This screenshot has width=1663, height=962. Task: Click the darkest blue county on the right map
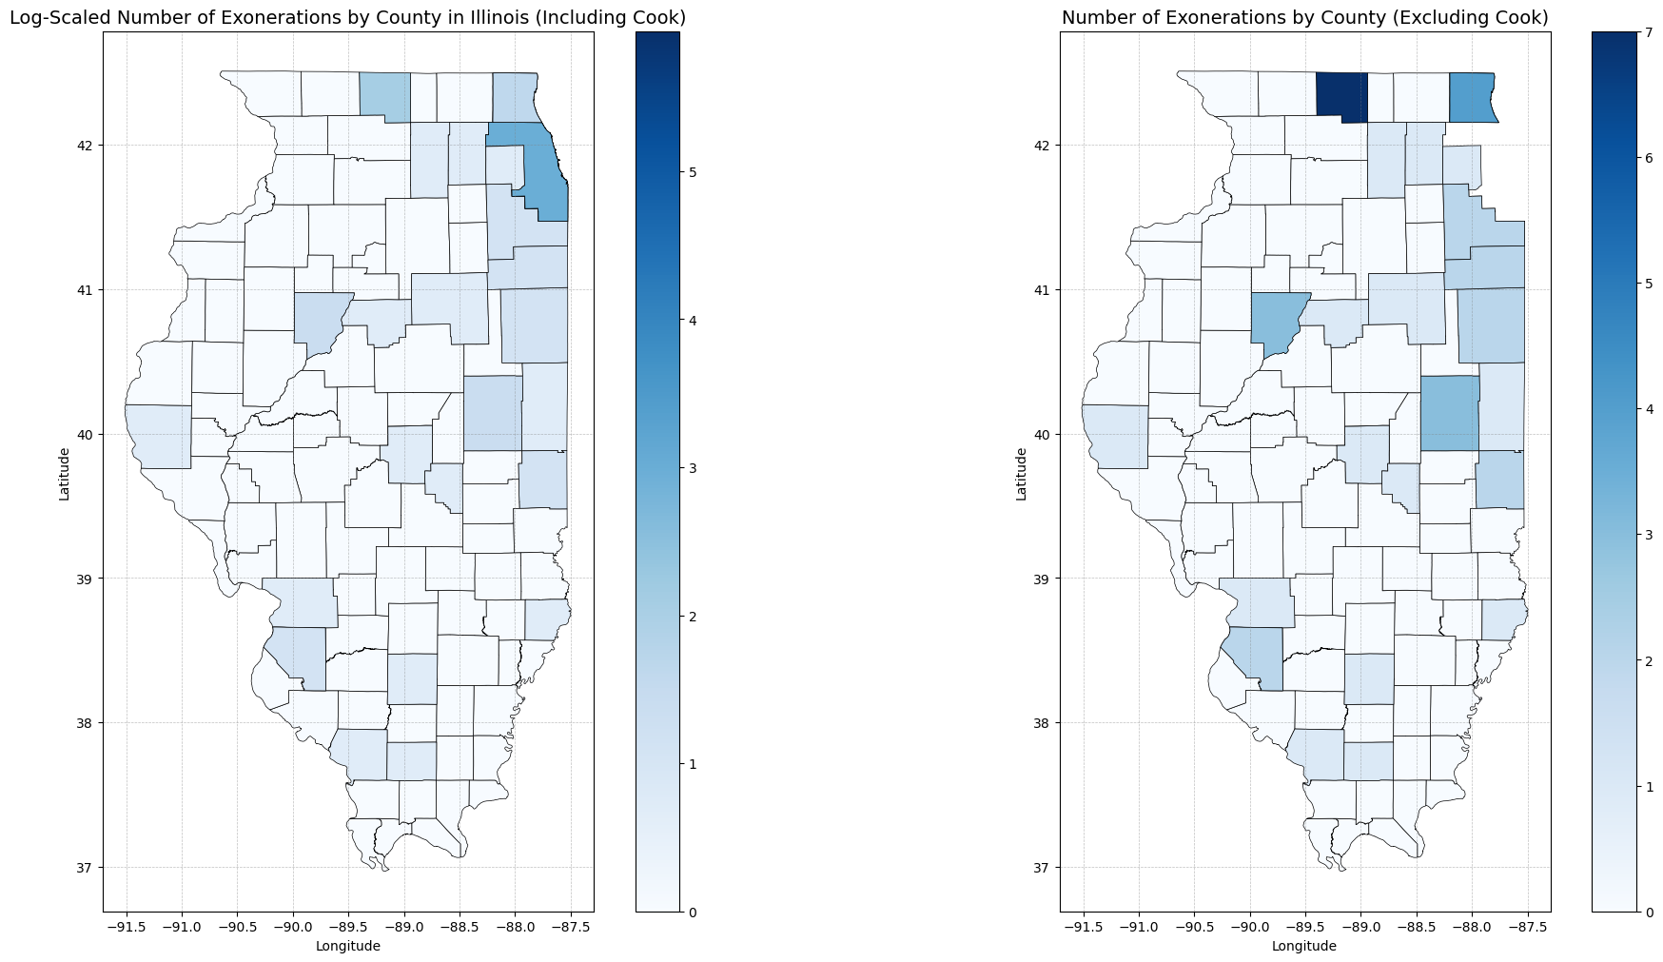coord(1341,97)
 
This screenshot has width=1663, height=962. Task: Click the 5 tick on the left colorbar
coord(693,172)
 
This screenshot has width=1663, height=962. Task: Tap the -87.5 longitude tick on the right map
coord(1527,928)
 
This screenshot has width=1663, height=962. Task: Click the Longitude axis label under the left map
coord(347,946)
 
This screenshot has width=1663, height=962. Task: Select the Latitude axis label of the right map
coord(1021,473)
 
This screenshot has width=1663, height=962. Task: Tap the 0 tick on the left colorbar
coord(693,912)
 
